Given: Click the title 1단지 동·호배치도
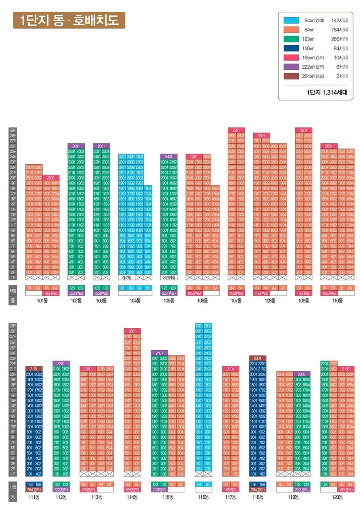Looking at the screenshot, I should pyautogui.click(x=69, y=20).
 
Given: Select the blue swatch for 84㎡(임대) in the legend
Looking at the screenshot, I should pyautogui.click(x=291, y=20).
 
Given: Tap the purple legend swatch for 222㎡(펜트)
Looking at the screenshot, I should pyautogui.click(x=291, y=67).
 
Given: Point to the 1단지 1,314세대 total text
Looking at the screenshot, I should pyautogui.click(x=327, y=92).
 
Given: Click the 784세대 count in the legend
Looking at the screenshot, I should pyautogui.click(x=339, y=30).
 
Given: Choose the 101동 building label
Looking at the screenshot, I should pyautogui.click(x=42, y=301).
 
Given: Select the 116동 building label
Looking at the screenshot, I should pyautogui.click(x=204, y=497).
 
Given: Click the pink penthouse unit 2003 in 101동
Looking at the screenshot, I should pyautogui.click(x=51, y=178).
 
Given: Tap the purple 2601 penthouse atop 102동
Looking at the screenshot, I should pyautogui.click(x=76, y=146).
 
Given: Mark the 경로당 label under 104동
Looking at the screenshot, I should pyautogui.click(x=126, y=278).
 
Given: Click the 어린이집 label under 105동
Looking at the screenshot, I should pyautogui.click(x=169, y=278).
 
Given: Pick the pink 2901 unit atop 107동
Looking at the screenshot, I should pyautogui.click(x=236, y=130).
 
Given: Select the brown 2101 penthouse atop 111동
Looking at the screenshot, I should pyautogui.click(x=34, y=369).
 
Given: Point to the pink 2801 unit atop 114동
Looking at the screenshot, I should pyautogui.click(x=132, y=331).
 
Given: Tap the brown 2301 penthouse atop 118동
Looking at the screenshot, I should pyautogui.click(x=258, y=358).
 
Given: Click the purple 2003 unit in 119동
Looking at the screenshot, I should pyautogui.click(x=302, y=374).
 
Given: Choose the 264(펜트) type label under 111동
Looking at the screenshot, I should pyautogui.click(x=34, y=490).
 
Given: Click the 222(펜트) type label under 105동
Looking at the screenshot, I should pyautogui.click(x=169, y=293).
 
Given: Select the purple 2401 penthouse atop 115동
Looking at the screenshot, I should pyautogui.click(x=159, y=353).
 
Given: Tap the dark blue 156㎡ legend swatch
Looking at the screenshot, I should pyautogui.click(x=291, y=48).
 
